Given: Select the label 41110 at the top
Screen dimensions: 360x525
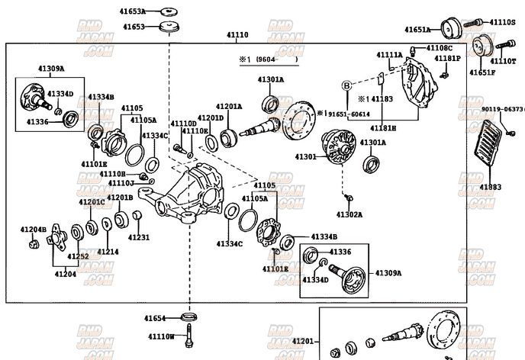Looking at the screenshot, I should click(x=237, y=35).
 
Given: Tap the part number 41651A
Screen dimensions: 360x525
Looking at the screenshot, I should click(x=417, y=30).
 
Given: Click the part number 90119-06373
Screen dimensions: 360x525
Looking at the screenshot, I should click(x=502, y=110).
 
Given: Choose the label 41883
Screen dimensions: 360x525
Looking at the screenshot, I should click(x=491, y=187).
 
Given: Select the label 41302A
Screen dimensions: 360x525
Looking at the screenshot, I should click(x=349, y=215).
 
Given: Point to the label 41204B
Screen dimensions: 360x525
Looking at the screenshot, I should click(x=34, y=230).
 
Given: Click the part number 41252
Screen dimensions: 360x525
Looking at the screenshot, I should click(x=78, y=257).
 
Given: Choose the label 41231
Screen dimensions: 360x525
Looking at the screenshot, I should click(x=139, y=238).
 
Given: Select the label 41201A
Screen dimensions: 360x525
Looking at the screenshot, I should click(x=228, y=107).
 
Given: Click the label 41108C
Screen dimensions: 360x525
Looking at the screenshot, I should click(x=438, y=48).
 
